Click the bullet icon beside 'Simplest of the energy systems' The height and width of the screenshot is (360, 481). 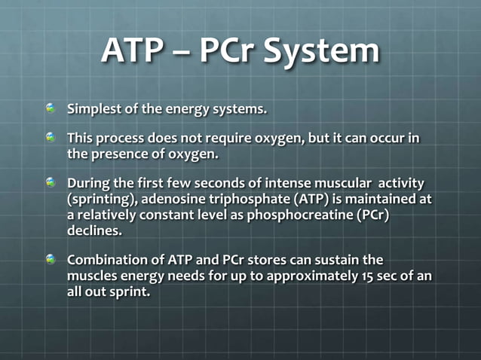tap(51, 108)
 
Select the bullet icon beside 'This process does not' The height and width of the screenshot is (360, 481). tap(51, 139)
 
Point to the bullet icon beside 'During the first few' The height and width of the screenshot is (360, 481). tap(51, 183)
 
